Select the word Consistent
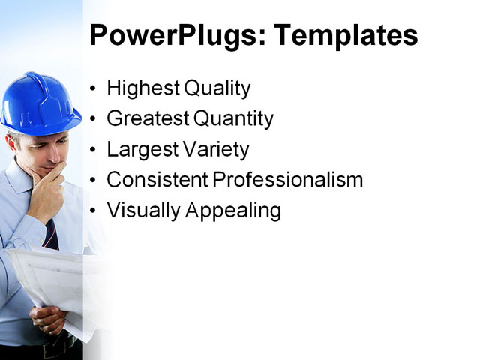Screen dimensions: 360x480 click(x=157, y=180)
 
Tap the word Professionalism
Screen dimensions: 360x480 click(x=289, y=180)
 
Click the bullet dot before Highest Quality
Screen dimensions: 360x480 click(x=93, y=89)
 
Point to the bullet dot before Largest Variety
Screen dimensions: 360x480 click(x=93, y=150)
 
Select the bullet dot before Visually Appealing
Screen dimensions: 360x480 click(x=93, y=211)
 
